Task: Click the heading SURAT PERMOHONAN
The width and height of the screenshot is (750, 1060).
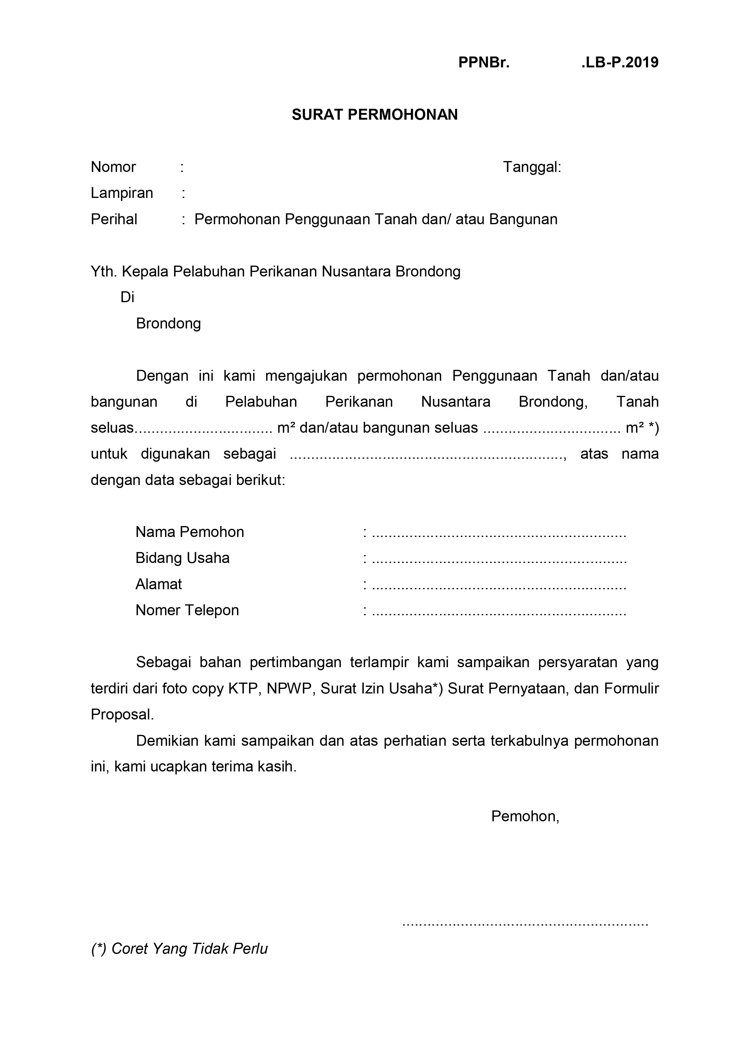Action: (x=375, y=115)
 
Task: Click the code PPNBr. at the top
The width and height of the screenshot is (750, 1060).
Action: (x=484, y=62)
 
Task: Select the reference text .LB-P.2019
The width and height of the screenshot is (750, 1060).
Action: (x=620, y=62)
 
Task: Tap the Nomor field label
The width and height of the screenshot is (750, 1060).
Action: (x=113, y=167)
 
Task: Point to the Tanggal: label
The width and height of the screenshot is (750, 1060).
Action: (x=531, y=167)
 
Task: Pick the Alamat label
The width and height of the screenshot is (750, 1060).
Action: (x=158, y=584)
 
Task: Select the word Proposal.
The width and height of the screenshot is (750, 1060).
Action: (x=122, y=715)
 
